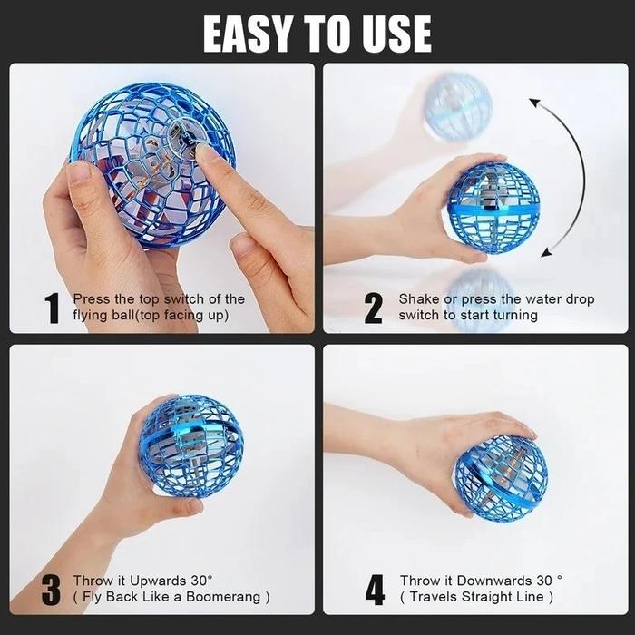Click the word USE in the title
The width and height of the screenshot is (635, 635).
397,34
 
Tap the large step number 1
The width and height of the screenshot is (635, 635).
53,308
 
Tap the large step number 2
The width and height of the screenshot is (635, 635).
373,308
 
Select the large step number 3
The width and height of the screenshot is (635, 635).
51,590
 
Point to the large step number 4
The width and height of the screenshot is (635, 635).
375,590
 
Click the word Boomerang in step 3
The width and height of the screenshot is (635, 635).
223,597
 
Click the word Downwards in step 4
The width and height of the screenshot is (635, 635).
495,581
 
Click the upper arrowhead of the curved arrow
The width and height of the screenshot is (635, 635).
535,103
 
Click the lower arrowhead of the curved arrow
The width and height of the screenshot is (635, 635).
547,253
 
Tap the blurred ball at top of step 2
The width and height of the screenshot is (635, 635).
457,106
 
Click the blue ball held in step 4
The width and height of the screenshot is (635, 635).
502,479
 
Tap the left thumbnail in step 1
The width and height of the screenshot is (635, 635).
79,171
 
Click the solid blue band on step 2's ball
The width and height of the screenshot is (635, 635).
493,210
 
